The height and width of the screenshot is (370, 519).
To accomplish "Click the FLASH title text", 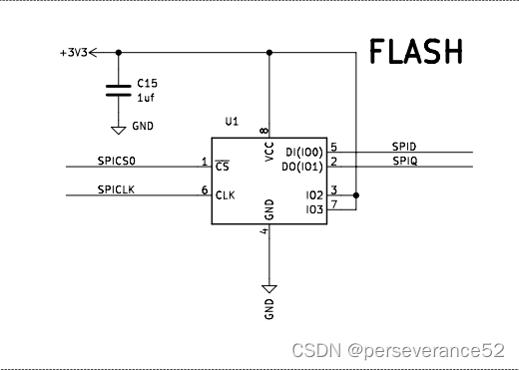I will point(415,51).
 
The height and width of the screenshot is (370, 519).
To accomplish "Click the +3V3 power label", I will point(73,53).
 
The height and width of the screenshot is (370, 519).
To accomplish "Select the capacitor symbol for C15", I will point(119,91).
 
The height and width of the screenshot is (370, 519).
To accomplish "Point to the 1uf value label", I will point(146,100).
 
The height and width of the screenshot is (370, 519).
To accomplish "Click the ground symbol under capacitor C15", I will point(119,129).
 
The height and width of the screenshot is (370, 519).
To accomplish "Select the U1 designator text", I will point(232,121).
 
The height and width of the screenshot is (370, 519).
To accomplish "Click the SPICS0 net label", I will point(117,160).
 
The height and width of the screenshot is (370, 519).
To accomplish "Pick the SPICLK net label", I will point(116,189).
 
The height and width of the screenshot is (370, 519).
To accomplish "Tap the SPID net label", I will point(404,147).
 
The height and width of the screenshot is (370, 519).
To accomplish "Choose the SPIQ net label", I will point(404,160).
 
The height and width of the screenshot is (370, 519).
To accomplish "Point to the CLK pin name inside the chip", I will point(225,194).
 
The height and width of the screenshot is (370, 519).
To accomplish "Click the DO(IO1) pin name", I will point(302,166).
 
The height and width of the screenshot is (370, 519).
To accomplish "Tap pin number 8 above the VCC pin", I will point(263,131).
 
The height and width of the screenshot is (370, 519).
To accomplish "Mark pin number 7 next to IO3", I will point(333,204).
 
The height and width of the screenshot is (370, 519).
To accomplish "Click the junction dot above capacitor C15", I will point(119,53).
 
